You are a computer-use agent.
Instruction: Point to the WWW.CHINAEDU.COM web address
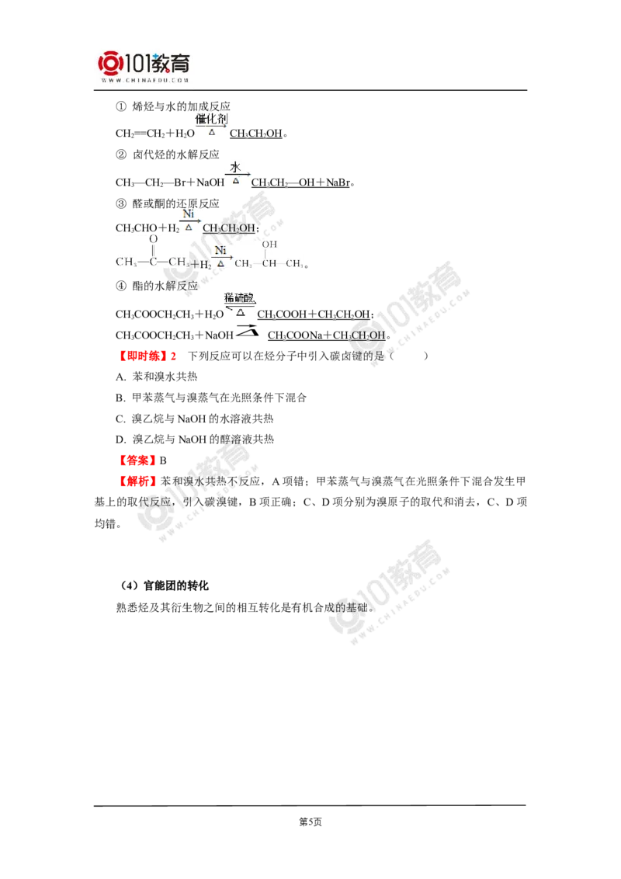coord(145,80)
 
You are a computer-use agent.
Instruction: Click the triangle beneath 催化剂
coord(212,132)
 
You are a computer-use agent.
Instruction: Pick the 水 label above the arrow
coord(236,167)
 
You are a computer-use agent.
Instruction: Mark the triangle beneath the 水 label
coord(237,181)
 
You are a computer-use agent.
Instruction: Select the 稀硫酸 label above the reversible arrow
coord(240,297)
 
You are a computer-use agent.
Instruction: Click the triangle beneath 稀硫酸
coord(240,312)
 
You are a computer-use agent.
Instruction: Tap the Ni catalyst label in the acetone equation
coord(221,250)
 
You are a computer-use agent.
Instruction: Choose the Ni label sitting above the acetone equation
coord(189,214)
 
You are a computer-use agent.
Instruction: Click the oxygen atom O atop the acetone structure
coord(153,240)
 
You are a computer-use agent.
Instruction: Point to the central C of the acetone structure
coord(153,263)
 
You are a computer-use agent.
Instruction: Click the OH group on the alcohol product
coord(270,245)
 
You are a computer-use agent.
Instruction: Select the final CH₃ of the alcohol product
coord(293,264)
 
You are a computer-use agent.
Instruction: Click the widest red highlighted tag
coord(148,356)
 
